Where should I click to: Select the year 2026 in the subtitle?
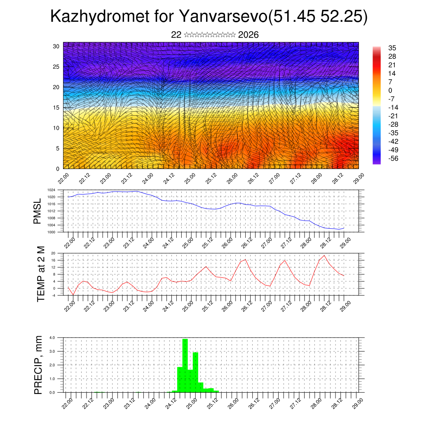point(248,35)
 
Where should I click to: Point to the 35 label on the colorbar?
point(392,48)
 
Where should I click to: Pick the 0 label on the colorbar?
point(390,90)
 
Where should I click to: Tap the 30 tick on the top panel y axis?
point(56,46)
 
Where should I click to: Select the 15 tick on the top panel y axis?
point(56,108)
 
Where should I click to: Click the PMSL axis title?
point(38,211)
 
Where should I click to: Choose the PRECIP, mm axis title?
point(38,364)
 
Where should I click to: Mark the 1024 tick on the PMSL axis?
point(51,190)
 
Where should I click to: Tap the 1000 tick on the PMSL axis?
point(51,232)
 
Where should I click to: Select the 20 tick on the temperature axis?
point(54,253)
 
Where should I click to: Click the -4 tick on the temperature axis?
point(54,295)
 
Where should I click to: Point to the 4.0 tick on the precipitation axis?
point(52,338)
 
